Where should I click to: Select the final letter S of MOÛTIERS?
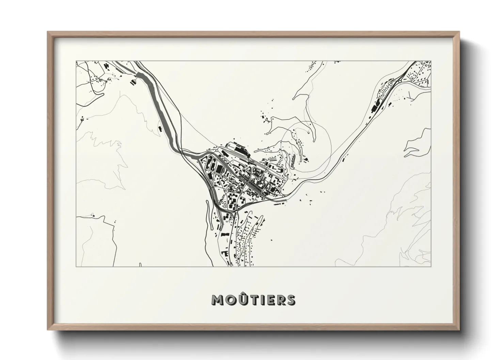click(290, 300)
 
